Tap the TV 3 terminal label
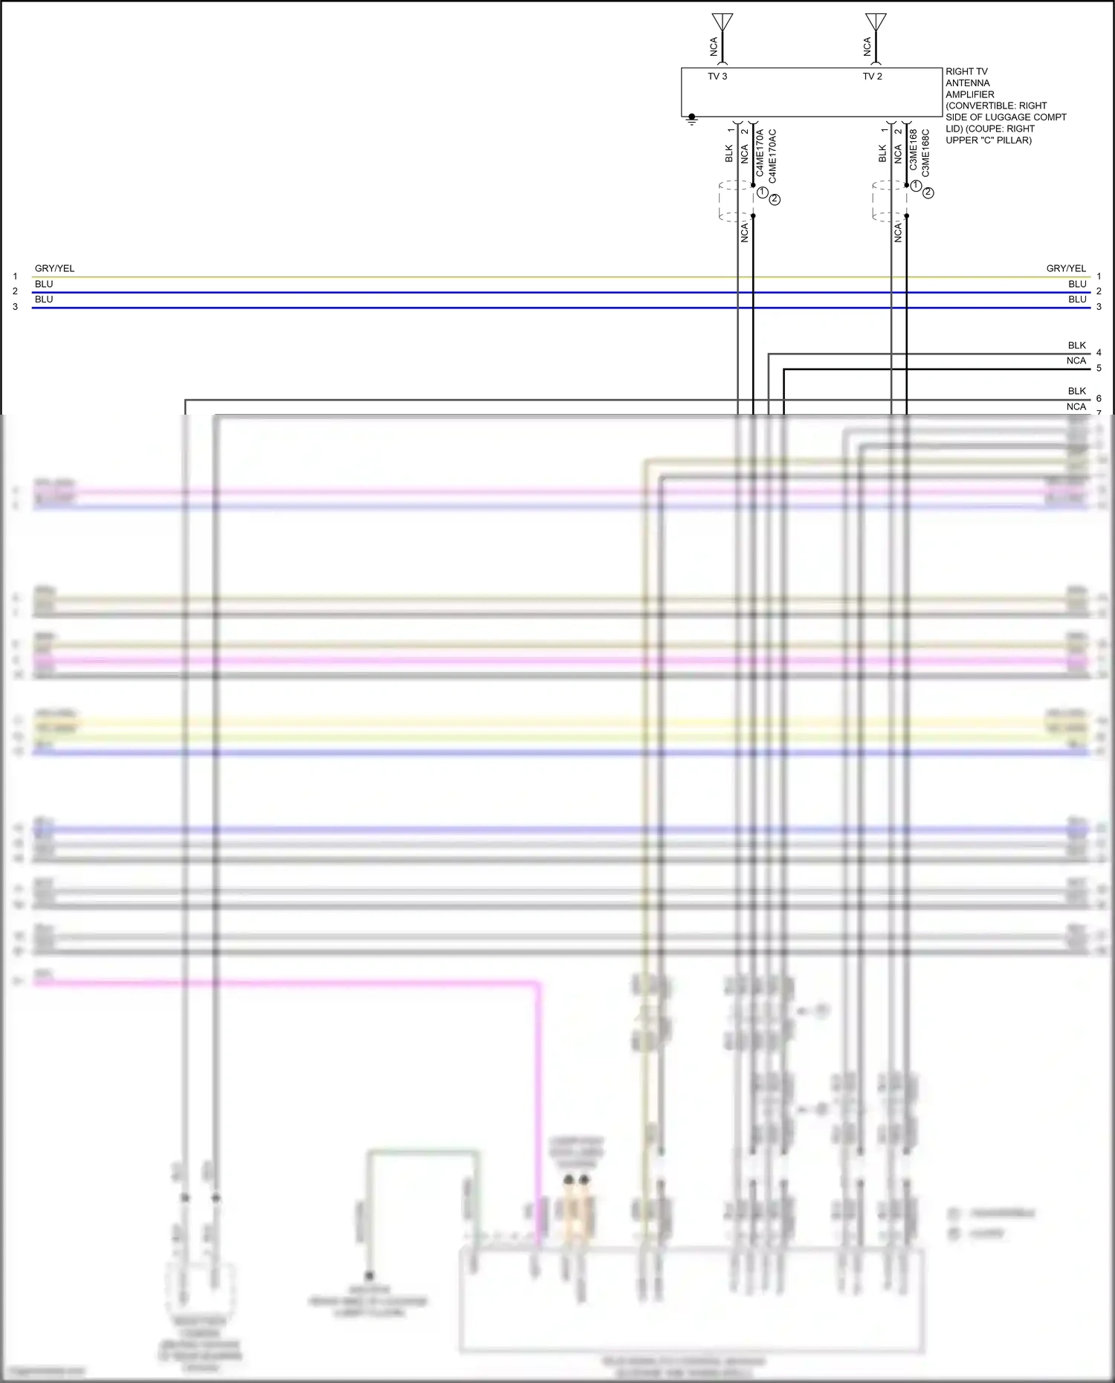[x=717, y=77]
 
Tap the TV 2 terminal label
[x=872, y=77]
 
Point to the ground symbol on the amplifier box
[x=692, y=118]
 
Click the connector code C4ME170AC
[x=772, y=156]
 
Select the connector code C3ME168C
[x=925, y=153]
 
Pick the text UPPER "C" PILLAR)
[x=988, y=140]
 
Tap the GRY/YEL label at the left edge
[x=54, y=268]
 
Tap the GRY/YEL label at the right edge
[x=1066, y=268]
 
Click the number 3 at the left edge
[x=15, y=307]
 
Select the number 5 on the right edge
[x=1099, y=369]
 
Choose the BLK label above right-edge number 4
[x=1076, y=346]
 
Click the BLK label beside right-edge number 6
[x=1076, y=391]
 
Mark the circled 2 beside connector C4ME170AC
[x=775, y=199]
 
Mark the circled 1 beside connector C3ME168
[x=916, y=186]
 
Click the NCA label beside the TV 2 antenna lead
[x=867, y=47]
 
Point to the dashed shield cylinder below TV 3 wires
[x=736, y=201]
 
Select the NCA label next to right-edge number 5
[x=1076, y=361]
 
